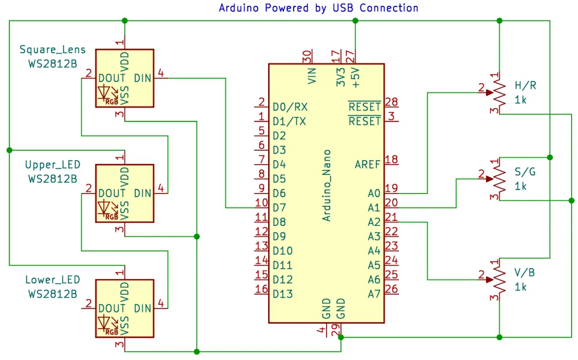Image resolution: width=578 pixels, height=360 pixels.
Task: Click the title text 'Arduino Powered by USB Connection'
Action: tap(318, 8)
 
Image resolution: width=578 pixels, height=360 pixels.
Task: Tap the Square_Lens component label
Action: tap(53, 50)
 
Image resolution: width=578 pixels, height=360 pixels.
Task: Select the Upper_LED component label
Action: tap(53, 165)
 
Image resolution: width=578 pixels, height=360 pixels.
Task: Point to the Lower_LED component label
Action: tap(53, 280)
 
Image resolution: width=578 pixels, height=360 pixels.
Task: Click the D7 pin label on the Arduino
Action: tap(279, 208)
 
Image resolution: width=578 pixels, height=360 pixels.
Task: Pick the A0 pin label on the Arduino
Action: tap(374, 194)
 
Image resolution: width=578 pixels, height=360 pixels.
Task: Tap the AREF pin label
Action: tap(367, 165)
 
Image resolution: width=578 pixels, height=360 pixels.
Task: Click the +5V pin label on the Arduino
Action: tap(355, 77)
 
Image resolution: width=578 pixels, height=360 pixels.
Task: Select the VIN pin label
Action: tap(312, 76)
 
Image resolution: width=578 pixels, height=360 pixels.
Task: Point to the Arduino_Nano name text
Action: tap(326, 185)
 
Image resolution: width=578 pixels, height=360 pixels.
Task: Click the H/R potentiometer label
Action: tap(525, 86)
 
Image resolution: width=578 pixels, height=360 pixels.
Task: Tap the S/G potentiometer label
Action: tap(525, 172)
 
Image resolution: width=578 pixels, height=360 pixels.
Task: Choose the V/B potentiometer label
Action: tap(525, 273)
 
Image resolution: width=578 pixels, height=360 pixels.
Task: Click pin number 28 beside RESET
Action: tap(391, 102)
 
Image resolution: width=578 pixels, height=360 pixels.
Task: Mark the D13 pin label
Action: tap(283, 294)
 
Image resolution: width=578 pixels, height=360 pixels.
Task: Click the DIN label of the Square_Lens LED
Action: tap(143, 79)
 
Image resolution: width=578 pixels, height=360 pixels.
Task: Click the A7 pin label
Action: tap(374, 294)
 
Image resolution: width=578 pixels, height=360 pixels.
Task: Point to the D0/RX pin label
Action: tap(290, 107)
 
